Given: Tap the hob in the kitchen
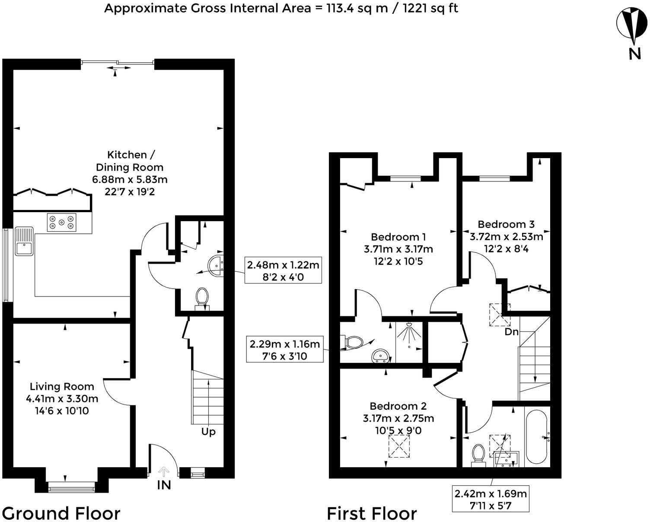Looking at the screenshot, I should pyautogui.click(x=62, y=223).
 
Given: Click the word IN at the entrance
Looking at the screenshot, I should pyautogui.click(x=164, y=485).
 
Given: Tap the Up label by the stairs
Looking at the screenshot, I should pyautogui.click(x=208, y=432).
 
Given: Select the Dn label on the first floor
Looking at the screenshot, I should pyautogui.click(x=511, y=332).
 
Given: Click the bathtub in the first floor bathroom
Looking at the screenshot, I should pyautogui.click(x=537, y=437).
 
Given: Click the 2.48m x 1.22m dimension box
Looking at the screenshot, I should pyautogui.click(x=283, y=271).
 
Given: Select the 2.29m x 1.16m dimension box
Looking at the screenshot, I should pyautogui.click(x=284, y=350).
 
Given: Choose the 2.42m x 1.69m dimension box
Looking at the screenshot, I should pyautogui.click(x=491, y=499).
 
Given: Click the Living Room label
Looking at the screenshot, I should pyautogui.click(x=62, y=386).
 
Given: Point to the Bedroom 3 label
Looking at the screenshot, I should pyautogui.click(x=506, y=224).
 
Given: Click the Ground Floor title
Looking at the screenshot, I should pyautogui.click(x=61, y=513).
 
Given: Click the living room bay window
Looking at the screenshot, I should pyautogui.click(x=71, y=489).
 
